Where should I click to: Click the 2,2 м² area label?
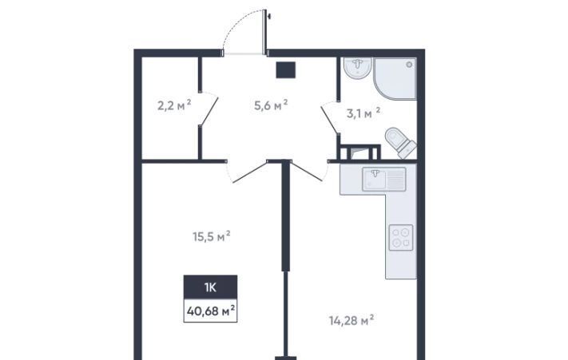point(174,105)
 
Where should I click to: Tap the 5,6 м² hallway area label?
point(271,105)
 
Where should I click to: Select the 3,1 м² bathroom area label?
point(363,113)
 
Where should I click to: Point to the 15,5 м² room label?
point(212,236)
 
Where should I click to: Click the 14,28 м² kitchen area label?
point(352,320)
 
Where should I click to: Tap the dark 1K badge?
point(210,287)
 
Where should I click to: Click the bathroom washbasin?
point(358,68)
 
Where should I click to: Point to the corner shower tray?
point(395,78)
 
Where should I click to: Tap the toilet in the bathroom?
point(400,142)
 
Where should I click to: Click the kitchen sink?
point(384,179)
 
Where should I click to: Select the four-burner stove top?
point(401,238)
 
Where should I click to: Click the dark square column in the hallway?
point(286,70)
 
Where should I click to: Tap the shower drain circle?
point(409,65)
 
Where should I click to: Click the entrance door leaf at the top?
point(264,32)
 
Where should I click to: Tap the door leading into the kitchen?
point(308,172)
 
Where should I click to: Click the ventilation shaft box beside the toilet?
point(359,152)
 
